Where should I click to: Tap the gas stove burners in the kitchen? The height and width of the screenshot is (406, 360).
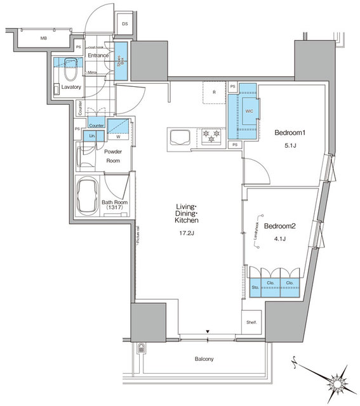click(210, 134)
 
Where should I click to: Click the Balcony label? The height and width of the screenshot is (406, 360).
click(204, 360)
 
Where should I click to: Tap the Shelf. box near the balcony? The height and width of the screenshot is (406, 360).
click(252, 323)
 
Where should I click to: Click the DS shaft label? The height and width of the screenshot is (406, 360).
click(124, 24)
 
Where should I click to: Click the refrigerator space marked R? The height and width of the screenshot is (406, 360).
click(215, 92)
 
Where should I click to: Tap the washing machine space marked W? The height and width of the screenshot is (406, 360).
click(119, 136)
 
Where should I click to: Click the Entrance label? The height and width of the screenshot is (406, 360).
click(100, 56)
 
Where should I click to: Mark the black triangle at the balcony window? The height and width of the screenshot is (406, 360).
click(208, 331)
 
